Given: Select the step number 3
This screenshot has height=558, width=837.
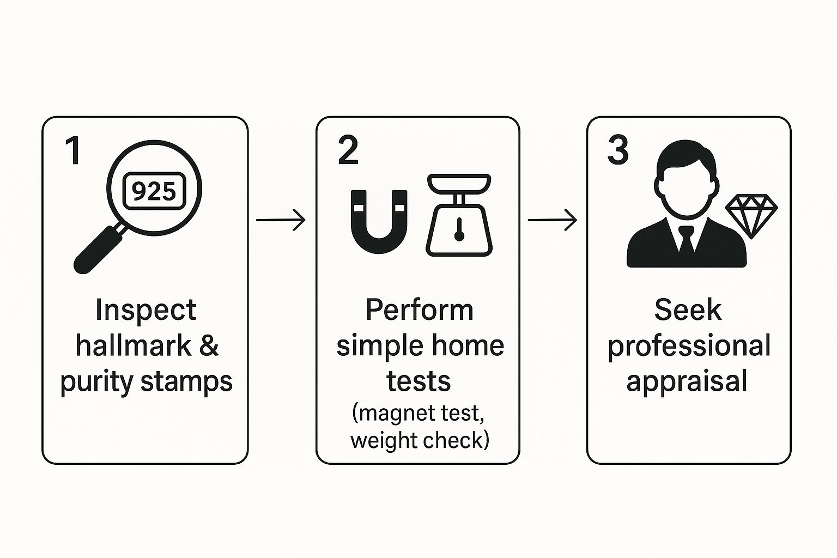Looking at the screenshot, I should pos(618,150).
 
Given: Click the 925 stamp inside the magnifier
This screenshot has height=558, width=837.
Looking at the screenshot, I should pos(154,191).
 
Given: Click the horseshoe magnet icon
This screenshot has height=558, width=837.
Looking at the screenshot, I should pos(379,221).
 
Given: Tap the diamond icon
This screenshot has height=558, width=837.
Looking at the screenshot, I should pos(751,216).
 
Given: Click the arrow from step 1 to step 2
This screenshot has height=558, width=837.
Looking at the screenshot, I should pos(281,220).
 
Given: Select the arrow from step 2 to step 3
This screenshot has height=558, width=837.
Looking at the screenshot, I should pos(553,220).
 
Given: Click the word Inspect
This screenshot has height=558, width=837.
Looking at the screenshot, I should pos(145,311).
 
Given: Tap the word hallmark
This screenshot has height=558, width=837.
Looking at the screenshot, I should pos(134,346).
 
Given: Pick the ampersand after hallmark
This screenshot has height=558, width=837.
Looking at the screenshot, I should pos(209,346).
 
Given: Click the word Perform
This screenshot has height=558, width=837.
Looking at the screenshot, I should pos(419,311).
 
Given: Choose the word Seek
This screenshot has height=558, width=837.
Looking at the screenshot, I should pos(688,311).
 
